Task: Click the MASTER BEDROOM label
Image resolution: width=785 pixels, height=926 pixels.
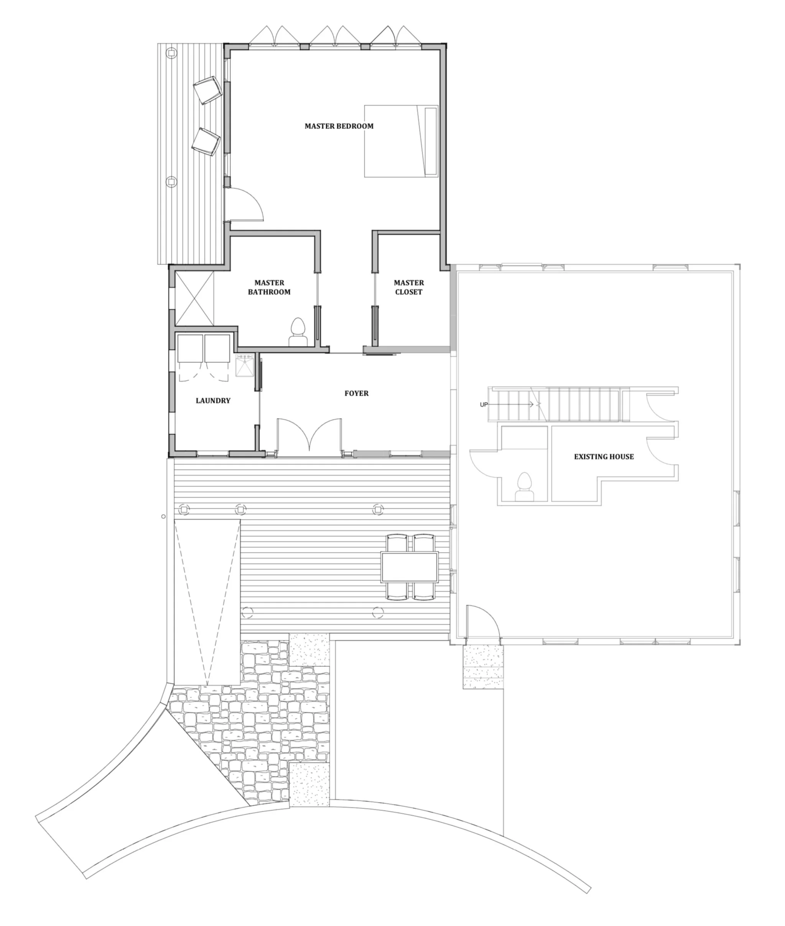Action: [339, 126]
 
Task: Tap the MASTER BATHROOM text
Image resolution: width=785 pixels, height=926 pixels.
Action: [269, 287]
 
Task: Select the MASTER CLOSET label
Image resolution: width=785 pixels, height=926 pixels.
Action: [409, 287]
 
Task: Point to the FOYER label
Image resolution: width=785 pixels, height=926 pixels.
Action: [357, 393]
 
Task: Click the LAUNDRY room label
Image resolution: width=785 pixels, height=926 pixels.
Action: [213, 400]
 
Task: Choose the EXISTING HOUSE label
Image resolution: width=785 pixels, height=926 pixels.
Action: [604, 456]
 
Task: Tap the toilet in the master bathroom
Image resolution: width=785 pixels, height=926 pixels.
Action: [298, 332]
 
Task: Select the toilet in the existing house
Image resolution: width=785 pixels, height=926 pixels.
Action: [525, 487]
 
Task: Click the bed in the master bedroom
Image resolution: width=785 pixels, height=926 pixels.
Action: [402, 141]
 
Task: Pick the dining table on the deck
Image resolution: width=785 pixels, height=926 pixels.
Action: [410, 567]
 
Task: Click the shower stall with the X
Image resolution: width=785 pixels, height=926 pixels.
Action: [194, 298]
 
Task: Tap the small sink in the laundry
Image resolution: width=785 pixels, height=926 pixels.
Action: [244, 365]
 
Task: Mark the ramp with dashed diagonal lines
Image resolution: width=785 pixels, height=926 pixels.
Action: [207, 602]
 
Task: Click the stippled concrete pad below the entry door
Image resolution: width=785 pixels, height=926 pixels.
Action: [483, 667]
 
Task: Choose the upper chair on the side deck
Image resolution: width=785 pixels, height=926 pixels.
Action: [207, 90]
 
